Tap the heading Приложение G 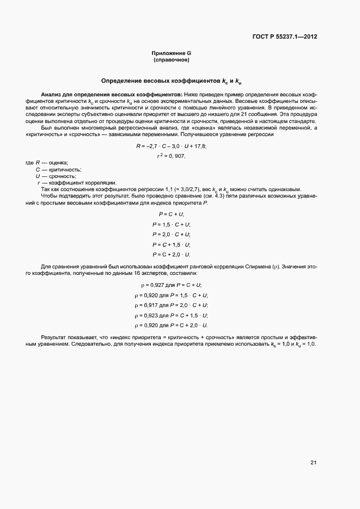[171, 53]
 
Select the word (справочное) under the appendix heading [171, 59]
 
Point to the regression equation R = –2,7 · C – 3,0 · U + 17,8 [171, 146]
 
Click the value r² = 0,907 [171, 156]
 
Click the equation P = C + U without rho [171, 214]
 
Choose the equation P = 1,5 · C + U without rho [171, 224]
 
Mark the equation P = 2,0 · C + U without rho [171, 235]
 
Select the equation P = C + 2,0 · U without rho [171, 254]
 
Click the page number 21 [313, 463]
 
